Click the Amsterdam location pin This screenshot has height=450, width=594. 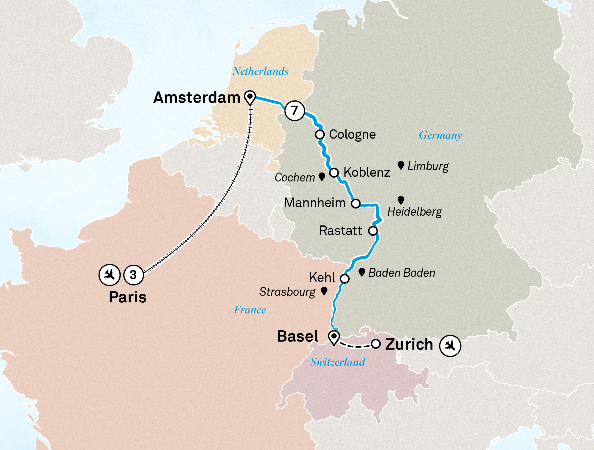(x=250, y=97)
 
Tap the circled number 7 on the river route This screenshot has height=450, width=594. (x=295, y=111)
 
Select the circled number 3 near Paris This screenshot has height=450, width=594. (x=133, y=275)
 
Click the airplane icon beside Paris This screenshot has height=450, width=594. (x=109, y=275)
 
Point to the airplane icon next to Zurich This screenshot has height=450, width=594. (x=450, y=345)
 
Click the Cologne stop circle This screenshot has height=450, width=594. (x=320, y=135)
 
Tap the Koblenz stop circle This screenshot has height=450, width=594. (x=334, y=173)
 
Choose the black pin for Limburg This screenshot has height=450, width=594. (x=401, y=165)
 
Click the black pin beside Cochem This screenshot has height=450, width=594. (x=322, y=176)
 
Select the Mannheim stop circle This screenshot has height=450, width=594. (x=356, y=203)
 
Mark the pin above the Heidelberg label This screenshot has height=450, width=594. (x=401, y=200)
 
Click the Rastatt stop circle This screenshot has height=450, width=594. (x=373, y=231)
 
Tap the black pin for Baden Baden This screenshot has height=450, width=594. (x=361, y=272)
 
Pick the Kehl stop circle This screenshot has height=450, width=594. (x=345, y=279)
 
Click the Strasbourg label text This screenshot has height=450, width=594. (x=287, y=292)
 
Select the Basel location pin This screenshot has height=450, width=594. (x=334, y=337)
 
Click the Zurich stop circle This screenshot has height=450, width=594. (x=376, y=344)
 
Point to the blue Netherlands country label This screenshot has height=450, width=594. (x=260, y=71)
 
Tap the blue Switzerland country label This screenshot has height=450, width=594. (x=338, y=362)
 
